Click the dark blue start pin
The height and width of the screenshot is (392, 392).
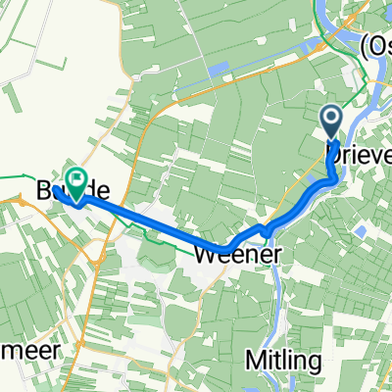tap(331, 123)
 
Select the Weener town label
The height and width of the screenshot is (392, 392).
tap(240, 254)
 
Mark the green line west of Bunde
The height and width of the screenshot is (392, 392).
tap(20, 176)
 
